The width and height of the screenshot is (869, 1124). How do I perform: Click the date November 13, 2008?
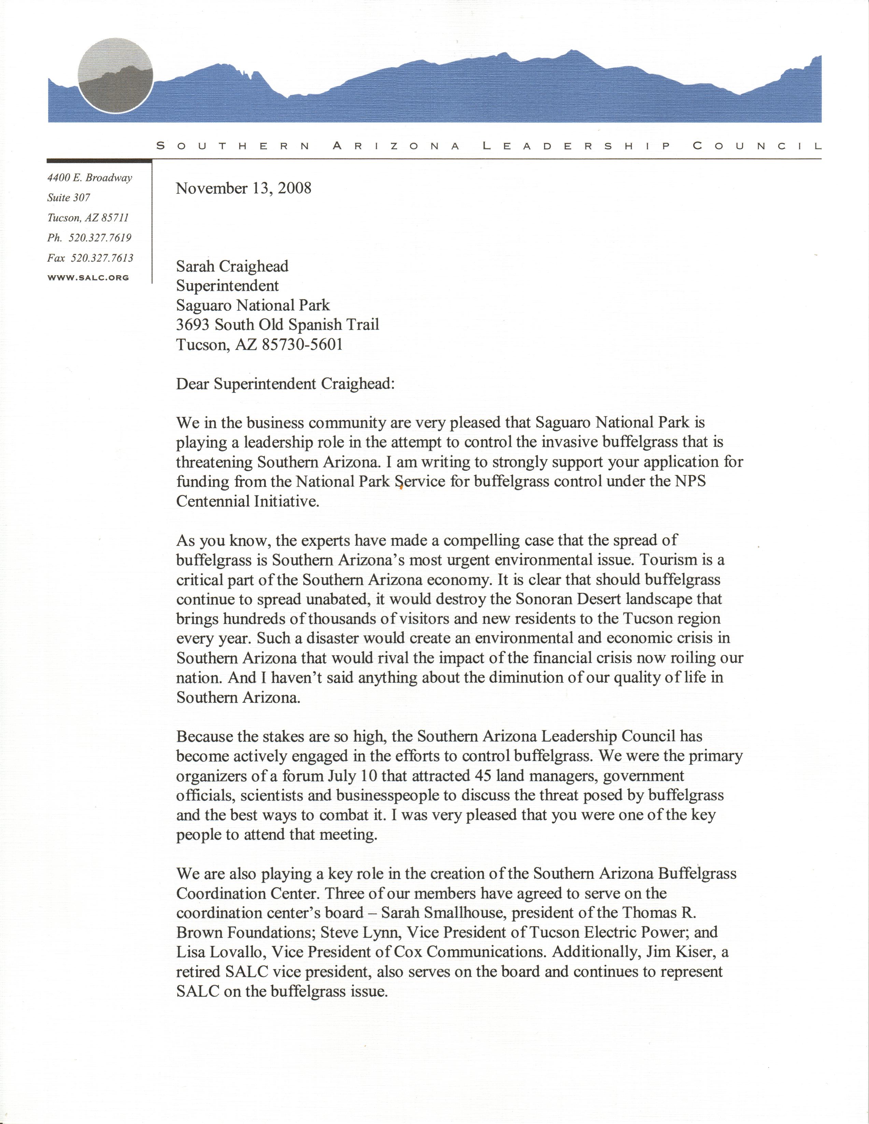[243, 188]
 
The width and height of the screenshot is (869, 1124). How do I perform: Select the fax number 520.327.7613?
[101, 258]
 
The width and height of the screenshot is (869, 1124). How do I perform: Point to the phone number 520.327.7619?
[100, 238]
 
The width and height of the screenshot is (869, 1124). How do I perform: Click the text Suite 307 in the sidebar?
[69, 198]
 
